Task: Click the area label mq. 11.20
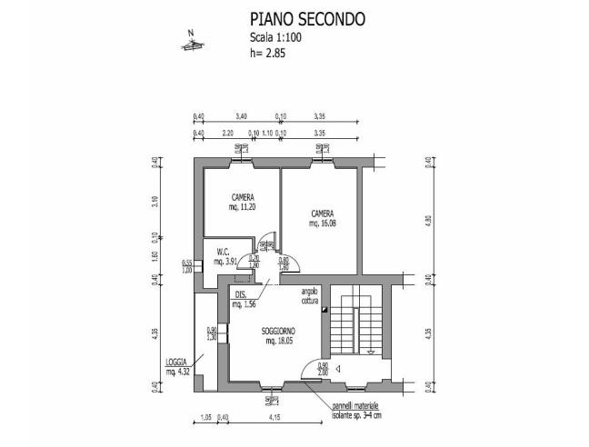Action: click(x=242, y=206)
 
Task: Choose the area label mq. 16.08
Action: click(x=323, y=223)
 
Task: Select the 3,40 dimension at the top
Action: click(x=242, y=117)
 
